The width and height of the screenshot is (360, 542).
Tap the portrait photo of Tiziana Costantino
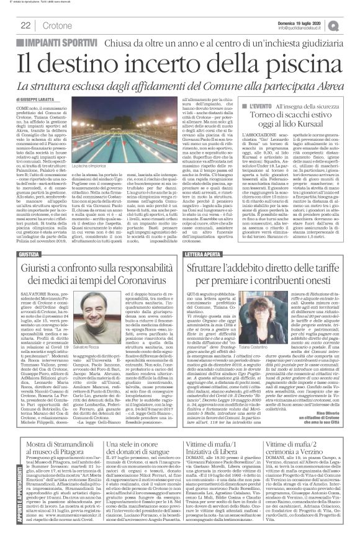[264, 314]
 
